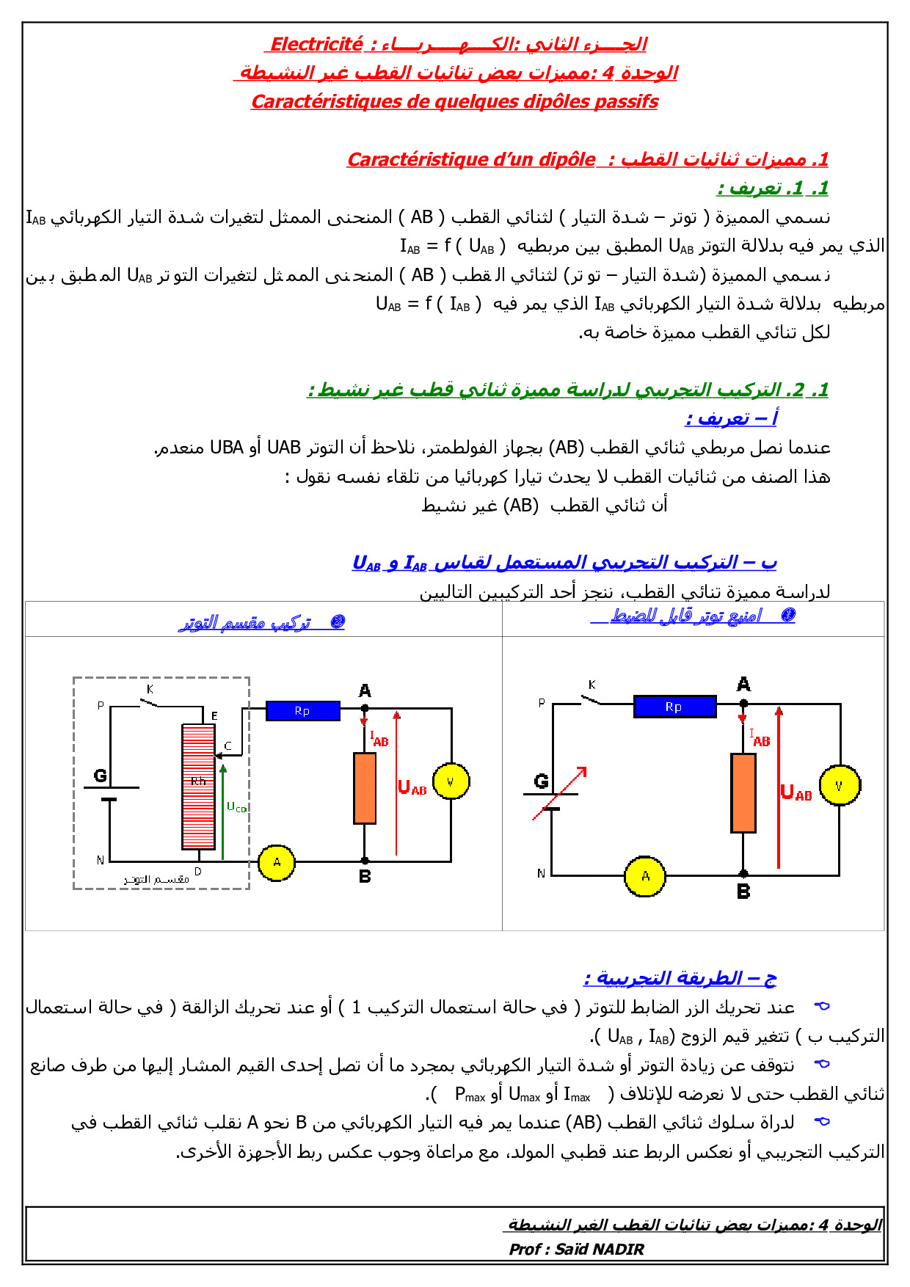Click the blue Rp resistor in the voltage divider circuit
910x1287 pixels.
pos(302,710)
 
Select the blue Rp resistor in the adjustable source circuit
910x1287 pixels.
pos(674,707)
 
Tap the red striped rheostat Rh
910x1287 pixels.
pos(198,787)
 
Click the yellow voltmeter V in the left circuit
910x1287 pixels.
pos(451,781)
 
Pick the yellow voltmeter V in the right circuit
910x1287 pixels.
pos(840,785)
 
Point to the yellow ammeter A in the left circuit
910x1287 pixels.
pos(277,862)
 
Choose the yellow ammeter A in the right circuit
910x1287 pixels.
pos(645,876)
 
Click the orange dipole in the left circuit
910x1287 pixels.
pos(365,788)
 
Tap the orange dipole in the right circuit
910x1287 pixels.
pos(743,792)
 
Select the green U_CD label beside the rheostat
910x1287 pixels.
pos(236,807)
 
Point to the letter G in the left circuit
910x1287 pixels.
pos(101,776)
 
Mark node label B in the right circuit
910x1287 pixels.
pos(743,892)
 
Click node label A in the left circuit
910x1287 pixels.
pos(365,690)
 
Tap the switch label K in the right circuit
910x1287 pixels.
pos(591,685)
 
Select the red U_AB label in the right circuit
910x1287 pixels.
pos(796,792)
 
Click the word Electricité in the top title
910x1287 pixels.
pos(316,44)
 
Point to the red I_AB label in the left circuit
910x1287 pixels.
pos(379,739)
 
